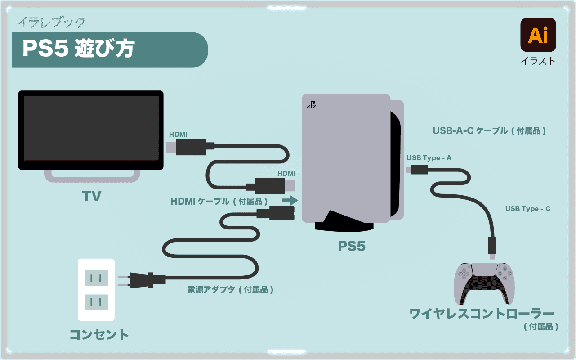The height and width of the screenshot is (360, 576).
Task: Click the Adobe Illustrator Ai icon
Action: point(538,35)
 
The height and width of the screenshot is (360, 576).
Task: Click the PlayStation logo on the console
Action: point(311,105)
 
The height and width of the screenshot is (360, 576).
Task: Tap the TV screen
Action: point(91,128)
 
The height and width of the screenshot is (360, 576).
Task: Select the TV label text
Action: point(91,196)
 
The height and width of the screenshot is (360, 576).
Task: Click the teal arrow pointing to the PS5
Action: point(290,200)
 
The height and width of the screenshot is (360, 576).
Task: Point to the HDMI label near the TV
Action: point(178,134)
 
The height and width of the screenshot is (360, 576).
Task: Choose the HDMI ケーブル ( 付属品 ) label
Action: point(219,201)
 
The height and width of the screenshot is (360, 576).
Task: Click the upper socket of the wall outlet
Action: point(96,278)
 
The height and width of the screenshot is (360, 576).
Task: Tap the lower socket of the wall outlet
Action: point(96,301)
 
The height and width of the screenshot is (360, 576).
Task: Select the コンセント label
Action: point(99,335)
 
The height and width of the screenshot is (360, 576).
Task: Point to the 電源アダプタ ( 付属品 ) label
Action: point(230,290)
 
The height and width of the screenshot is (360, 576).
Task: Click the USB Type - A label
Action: point(429,158)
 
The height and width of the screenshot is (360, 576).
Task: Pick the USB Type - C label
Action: point(527,209)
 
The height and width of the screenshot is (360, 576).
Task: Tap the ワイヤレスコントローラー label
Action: point(482,314)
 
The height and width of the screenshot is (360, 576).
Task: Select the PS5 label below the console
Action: point(352,246)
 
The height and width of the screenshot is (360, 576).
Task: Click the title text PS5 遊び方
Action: point(78,49)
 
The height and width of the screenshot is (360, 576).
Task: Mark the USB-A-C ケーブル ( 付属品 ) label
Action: point(489,131)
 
